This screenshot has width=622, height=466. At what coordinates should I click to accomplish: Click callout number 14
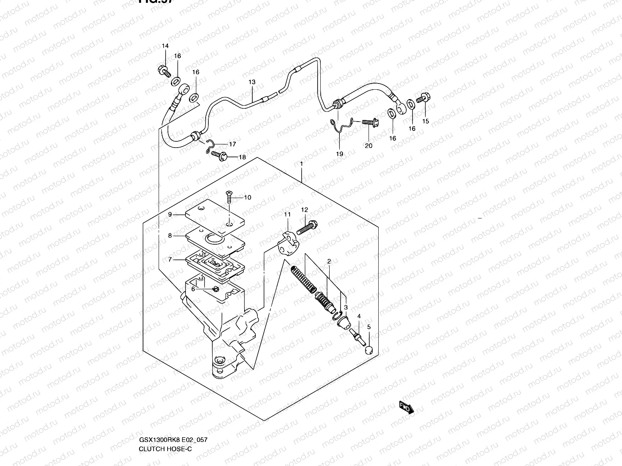165,46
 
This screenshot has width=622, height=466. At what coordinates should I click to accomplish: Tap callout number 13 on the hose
252,82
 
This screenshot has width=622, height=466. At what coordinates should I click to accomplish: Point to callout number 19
339,154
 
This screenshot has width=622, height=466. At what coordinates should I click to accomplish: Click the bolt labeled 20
370,122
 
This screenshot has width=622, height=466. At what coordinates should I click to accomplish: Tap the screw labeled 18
220,156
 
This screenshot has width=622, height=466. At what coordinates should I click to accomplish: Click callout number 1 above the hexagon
301,164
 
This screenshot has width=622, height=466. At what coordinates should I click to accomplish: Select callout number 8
170,235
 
